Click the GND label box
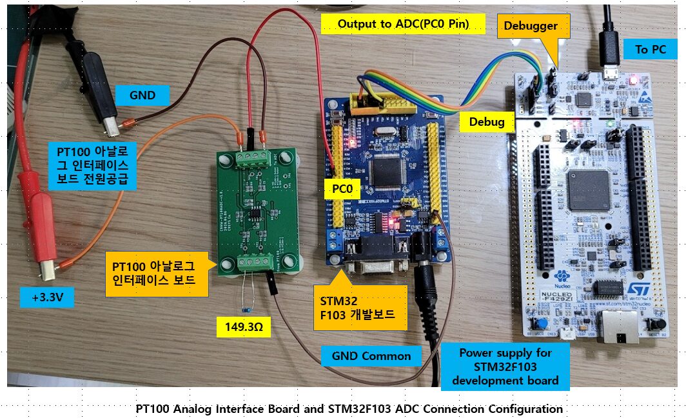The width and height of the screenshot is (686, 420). (x=142, y=95)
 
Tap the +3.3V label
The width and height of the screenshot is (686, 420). (x=47, y=298)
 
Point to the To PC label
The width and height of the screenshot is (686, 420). (x=651, y=50)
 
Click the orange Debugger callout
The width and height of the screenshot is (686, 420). (x=530, y=26)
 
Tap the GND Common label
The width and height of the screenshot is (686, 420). (x=371, y=355)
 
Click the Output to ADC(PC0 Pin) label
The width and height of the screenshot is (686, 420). (x=403, y=25)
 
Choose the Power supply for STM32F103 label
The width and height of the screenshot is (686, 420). (x=505, y=366)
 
